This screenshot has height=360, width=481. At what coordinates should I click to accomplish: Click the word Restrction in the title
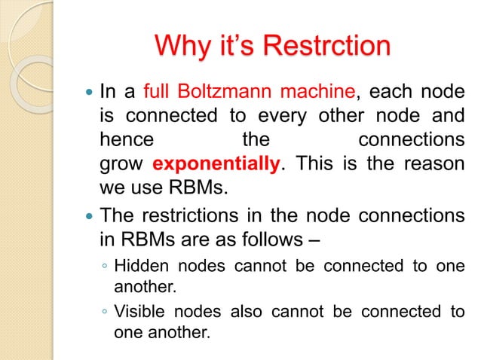[327, 46]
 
